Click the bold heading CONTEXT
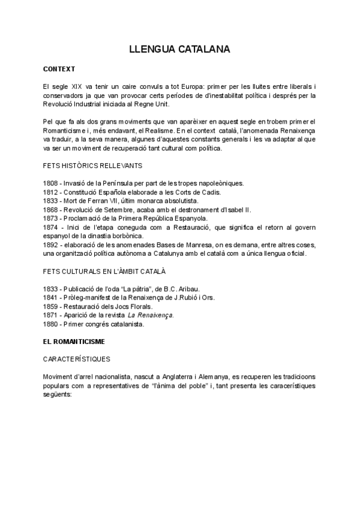coord(59,69)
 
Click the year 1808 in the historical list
coord(51,182)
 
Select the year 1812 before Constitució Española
coord(51,192)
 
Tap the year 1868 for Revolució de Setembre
coord(51,209)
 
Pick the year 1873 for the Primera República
coord(51,218)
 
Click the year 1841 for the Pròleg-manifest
coord(51,298)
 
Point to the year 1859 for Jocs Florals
coord(51,307)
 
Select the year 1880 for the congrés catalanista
coord(51,325)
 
